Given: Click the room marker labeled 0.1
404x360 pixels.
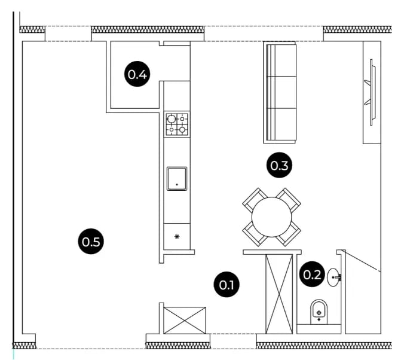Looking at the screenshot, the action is (227, 285).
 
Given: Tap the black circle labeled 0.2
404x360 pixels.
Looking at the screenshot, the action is (312, 274).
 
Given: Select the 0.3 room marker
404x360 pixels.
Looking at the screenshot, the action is (279, 165).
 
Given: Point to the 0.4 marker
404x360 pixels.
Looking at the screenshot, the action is (137, 74).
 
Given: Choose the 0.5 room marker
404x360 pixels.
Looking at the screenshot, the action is (91, 242).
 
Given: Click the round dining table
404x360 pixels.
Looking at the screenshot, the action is (271, 217).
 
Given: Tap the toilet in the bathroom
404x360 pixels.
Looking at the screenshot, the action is (319, 312).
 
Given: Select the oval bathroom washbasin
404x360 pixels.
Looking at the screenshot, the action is (333, 277).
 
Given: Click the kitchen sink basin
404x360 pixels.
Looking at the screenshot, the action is (177, 178).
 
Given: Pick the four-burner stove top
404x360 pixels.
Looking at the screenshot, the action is (177, 124).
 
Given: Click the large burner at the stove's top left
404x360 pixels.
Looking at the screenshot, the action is (172, 119).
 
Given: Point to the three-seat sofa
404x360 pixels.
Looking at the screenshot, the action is (280, 92).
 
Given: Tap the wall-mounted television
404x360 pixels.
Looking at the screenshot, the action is (371, 92).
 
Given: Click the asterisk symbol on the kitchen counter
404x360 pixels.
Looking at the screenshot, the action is (177, 236).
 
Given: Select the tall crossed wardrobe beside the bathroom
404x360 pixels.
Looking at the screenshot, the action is (279, 294).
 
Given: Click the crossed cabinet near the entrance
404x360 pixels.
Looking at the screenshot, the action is (185, 321).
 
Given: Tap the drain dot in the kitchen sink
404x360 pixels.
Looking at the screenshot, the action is (177, 185).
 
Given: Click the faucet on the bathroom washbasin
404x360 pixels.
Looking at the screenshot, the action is (338, 277).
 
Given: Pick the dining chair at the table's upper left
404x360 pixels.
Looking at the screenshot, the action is (254, 200).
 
